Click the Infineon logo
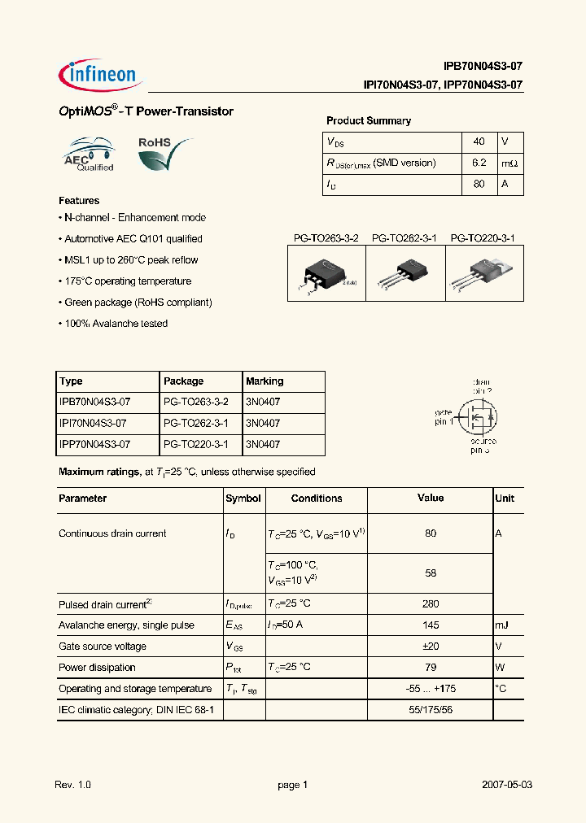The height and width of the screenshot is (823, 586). point(101,75)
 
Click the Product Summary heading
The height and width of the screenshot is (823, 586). point(368,120)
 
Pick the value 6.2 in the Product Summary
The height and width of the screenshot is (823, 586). point(479,163)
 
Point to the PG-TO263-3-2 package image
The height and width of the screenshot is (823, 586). point(326,275)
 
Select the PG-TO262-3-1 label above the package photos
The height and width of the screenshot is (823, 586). point(405,238)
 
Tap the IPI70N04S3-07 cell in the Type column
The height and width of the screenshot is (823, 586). point(94,423)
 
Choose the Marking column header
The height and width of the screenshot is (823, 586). point(265,381)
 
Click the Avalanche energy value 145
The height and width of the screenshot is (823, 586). point(431,625)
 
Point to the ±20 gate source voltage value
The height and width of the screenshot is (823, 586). point(431,647)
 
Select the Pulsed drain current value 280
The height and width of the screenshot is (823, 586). point(431,604)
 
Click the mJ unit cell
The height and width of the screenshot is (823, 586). point(501,625)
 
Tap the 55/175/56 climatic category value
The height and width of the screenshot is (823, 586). point(431,710)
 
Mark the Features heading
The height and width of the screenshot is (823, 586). point(79,200)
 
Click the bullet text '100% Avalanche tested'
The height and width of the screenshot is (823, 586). point(115,324)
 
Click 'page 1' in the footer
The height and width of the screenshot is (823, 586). point(292,785)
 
